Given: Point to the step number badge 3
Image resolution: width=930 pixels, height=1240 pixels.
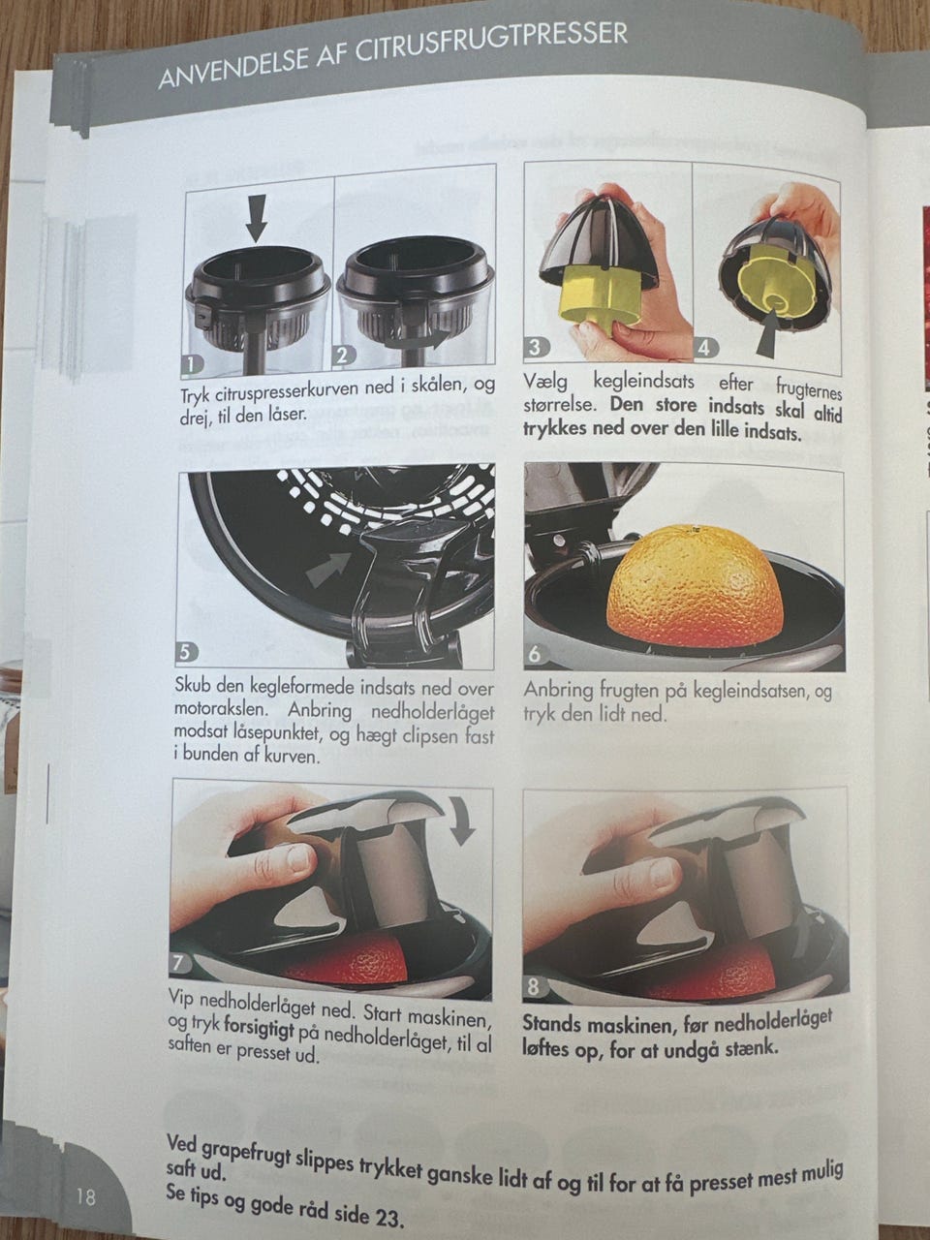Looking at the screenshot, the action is [536, 346].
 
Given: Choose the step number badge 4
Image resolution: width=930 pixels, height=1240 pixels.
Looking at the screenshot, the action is [703, 348].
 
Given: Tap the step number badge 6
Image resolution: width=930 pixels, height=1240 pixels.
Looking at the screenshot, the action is [534, 655].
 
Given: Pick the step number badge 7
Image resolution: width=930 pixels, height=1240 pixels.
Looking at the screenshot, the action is [178, 964].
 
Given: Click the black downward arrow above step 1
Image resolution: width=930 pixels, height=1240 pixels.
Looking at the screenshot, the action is [257, 218].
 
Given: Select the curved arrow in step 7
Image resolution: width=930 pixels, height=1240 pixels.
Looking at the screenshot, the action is [466, 823].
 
